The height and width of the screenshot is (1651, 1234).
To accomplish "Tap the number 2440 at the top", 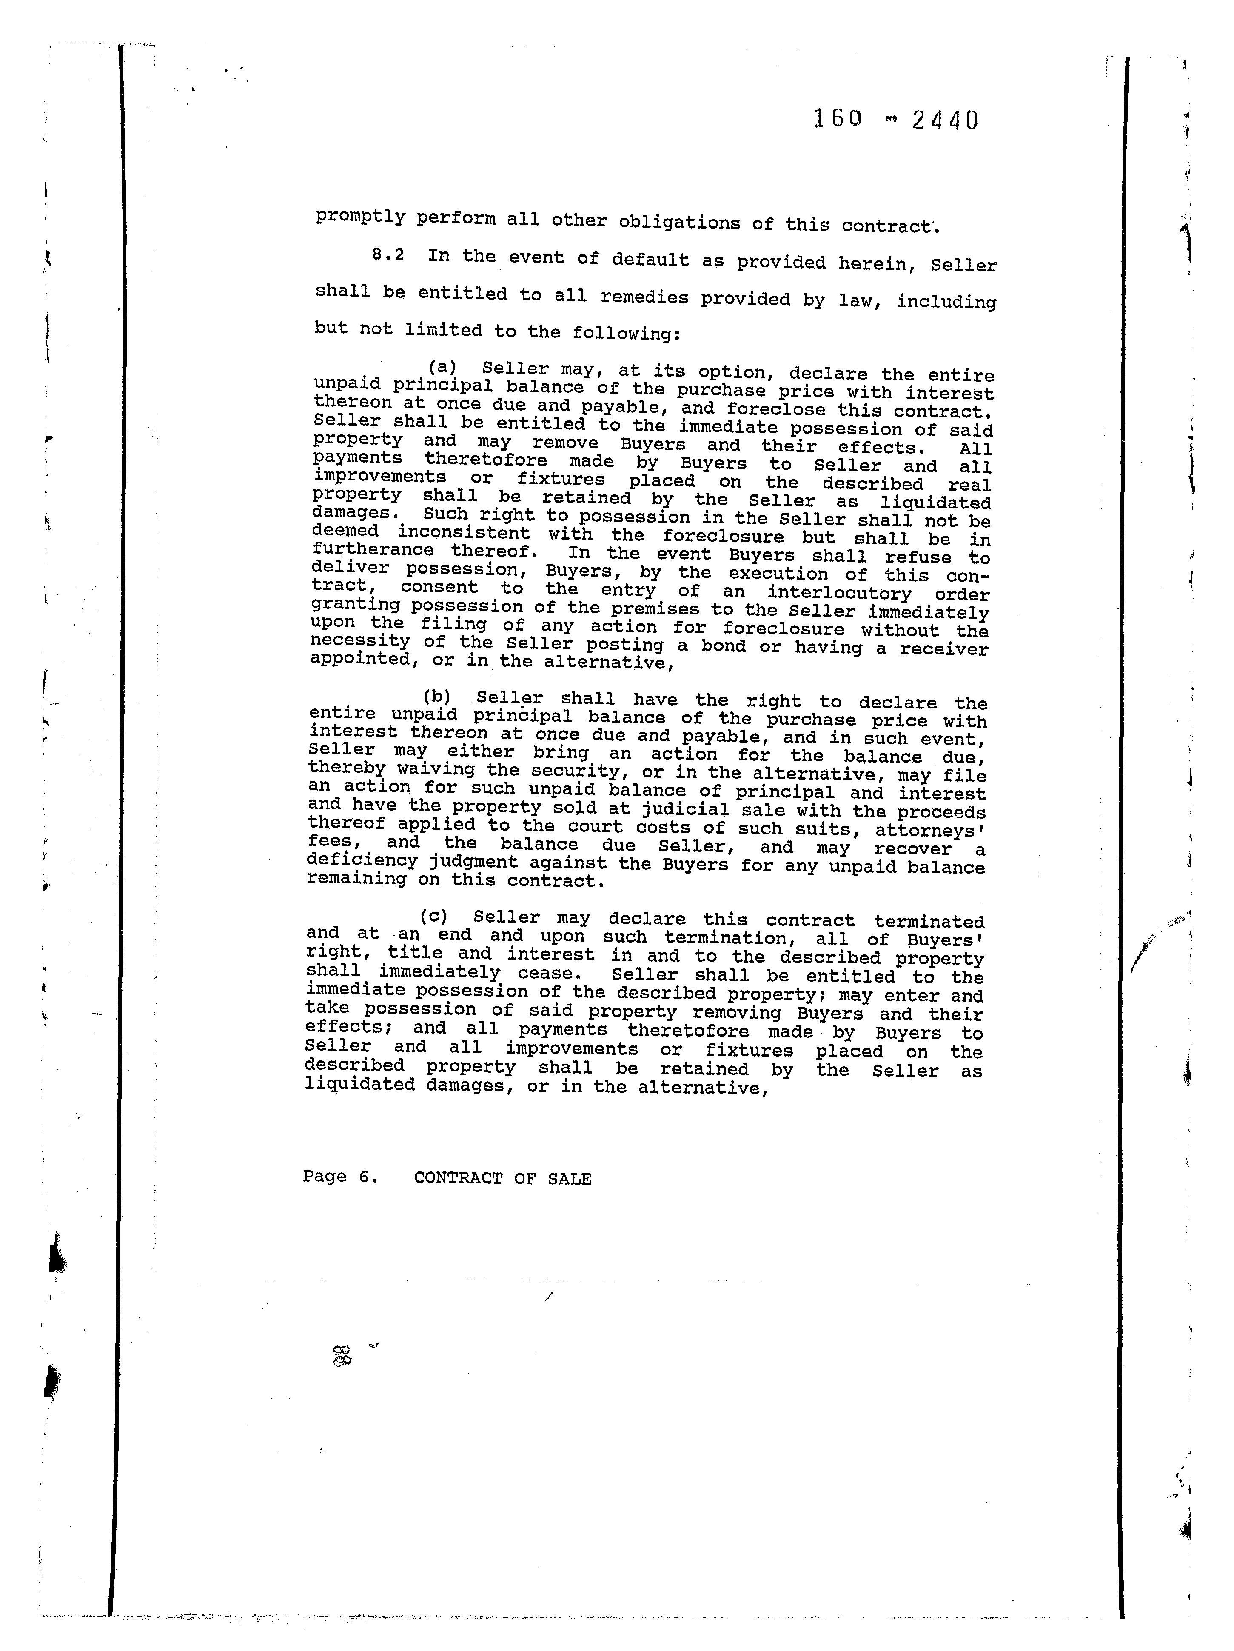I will [x=944, y=120].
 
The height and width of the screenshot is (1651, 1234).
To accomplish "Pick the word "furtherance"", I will [x=373, y=550].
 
